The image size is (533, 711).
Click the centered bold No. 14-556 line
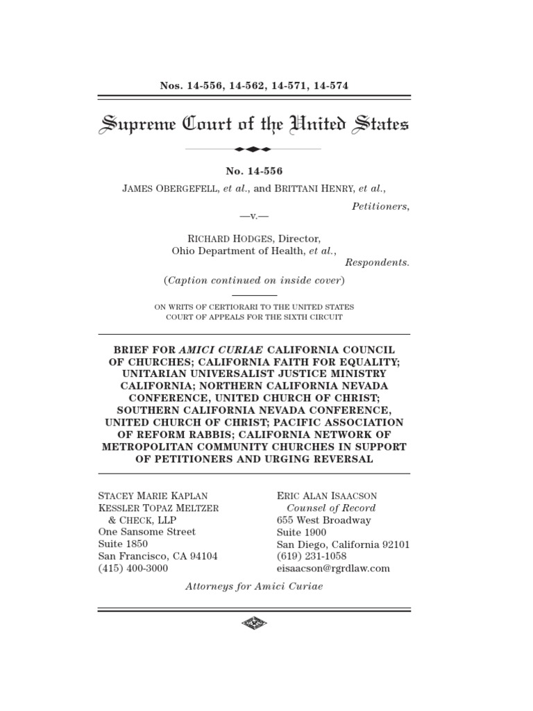click(x=254, y=171)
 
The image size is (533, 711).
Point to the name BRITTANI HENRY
click(x=316, y=188)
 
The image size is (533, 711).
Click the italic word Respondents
click(x=377, y=262)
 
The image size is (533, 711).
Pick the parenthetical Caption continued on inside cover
click(x=254, y=281)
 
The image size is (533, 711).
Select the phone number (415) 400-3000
click(x=133, y=568)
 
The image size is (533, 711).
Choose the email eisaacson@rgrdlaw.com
click(x=333, y=568)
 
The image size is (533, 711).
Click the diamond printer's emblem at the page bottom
click(x=254, y=624)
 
